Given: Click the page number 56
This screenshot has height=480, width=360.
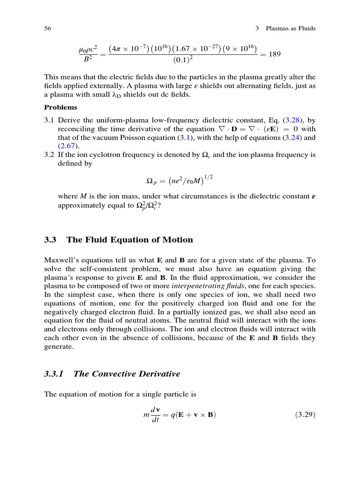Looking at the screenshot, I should [47, 29].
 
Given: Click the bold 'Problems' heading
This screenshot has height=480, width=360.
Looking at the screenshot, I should [60, 107].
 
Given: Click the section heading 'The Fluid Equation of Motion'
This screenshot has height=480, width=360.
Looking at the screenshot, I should [129, 240].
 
